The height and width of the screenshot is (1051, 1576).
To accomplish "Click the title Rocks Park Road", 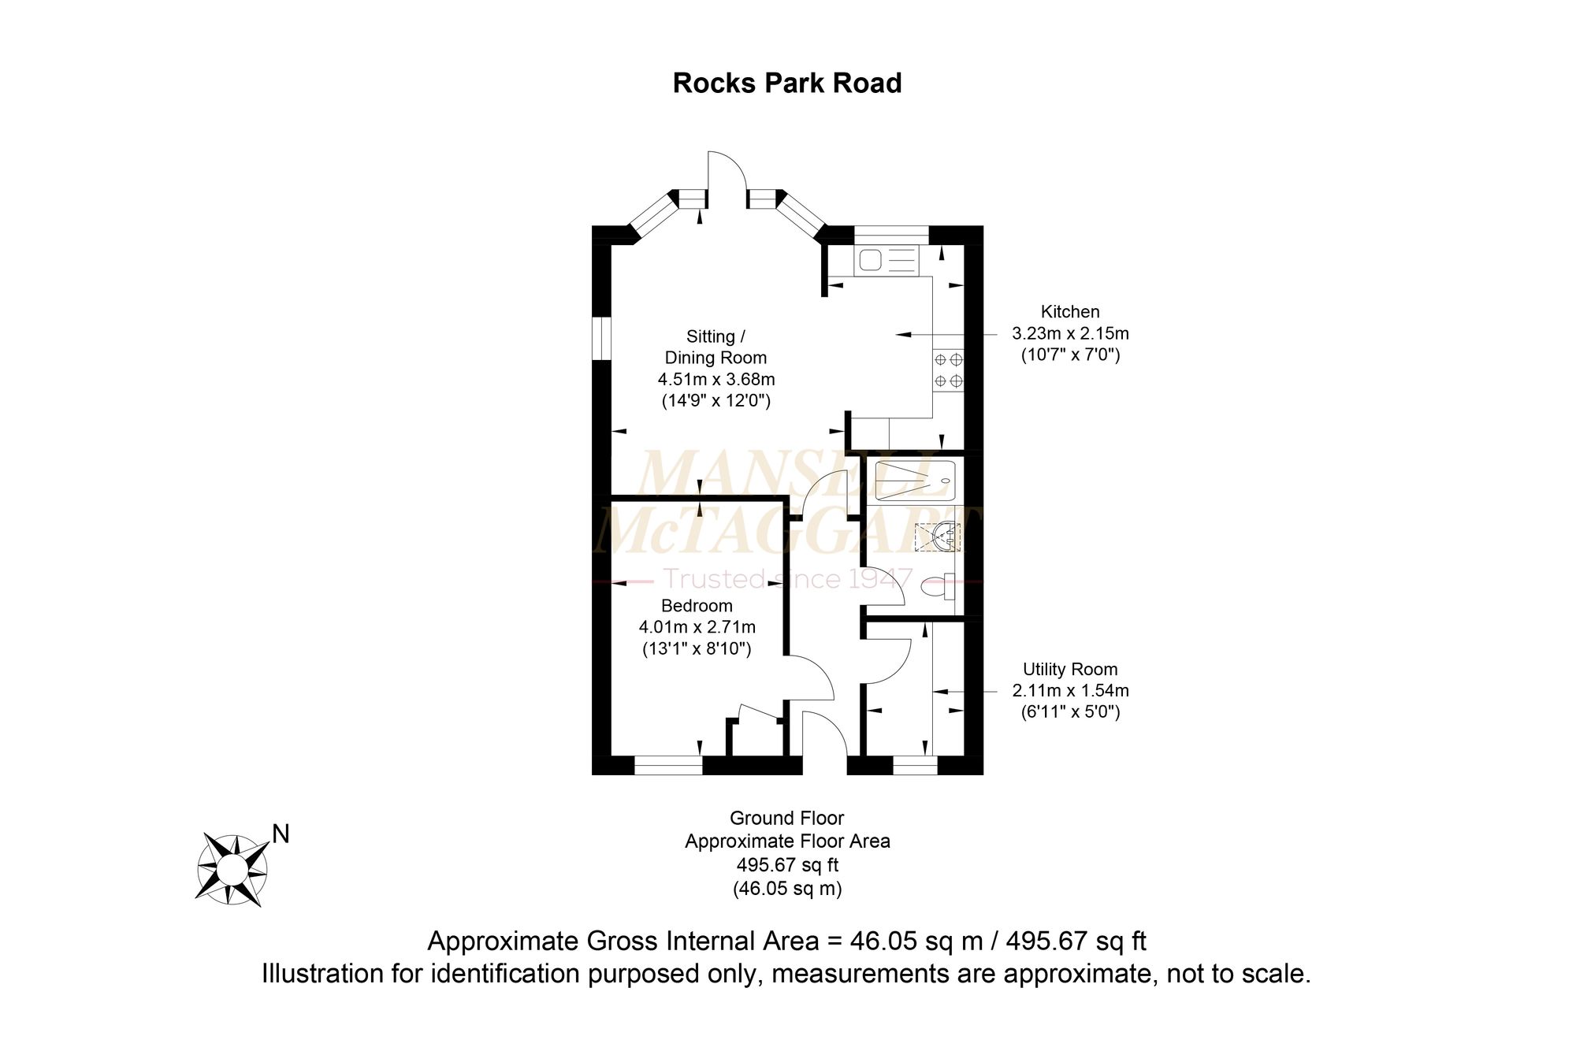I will (x=786, y=84).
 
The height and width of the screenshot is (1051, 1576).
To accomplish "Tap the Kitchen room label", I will (x=1069, y=312).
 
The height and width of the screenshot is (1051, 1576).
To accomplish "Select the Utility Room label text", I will (x=1069, y=670).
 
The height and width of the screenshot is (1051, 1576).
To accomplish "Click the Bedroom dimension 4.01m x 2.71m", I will (x=697, y=628).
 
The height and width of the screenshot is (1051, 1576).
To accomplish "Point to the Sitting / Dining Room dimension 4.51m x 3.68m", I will (x=716, y=380).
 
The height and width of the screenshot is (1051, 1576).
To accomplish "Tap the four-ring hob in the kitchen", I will (x=948, y=370).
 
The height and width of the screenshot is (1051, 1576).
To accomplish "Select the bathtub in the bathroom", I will (x=914, y=481).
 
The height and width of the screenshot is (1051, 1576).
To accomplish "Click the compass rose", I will (x=232, y=869).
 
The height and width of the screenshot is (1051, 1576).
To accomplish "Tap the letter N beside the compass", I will (x=281, y=834).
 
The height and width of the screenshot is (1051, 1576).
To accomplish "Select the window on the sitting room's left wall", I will (x=601, y=339).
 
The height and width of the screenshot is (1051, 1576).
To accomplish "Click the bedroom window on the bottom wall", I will (x=668, y=765).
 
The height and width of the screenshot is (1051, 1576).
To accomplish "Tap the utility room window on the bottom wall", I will (x=915, y=765).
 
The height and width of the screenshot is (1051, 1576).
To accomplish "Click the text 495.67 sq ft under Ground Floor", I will (x=786, y=865).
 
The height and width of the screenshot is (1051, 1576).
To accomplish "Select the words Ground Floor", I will (x=786, y=819).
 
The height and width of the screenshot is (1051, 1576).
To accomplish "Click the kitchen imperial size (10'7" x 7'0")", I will (x=1069, y=355).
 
